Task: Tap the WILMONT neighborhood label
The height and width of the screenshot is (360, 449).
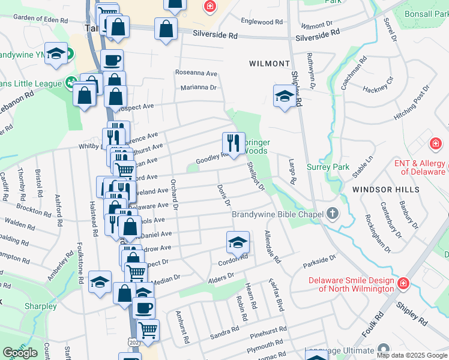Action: [270, 63]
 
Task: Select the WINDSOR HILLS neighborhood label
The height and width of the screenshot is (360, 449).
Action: [386, 189]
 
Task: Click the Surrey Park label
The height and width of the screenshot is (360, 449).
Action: [328, 167]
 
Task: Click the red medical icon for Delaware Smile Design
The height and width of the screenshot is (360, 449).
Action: [404, 282]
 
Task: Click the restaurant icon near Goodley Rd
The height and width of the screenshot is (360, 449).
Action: [234, 142]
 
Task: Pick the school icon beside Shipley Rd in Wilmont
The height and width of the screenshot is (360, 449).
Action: [285, 95]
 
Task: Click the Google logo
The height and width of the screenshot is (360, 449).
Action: [20, 353]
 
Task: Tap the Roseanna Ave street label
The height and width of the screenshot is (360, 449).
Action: [196, 73]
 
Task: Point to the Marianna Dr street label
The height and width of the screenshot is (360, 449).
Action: [198, 88]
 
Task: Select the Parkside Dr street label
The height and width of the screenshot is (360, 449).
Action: [319, 261]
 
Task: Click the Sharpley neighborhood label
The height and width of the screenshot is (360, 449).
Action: [41, 307]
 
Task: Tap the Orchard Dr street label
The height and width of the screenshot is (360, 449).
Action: [175, 194]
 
